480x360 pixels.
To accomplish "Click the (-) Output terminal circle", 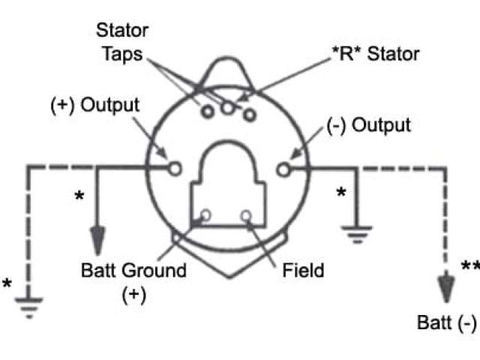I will click(x=283, y=169).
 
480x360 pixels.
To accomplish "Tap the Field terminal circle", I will click(x=245, y=216).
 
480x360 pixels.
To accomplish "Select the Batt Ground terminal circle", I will click(x=205, y=216).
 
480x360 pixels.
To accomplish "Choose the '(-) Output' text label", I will click(x=369, y=125).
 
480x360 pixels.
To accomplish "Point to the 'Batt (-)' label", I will click(x=447, y=323).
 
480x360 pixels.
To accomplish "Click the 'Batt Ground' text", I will click(x=132, y=270).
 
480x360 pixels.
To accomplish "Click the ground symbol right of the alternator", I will click(x=355, y=232).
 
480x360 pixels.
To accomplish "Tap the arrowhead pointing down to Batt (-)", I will click(x=448, y=287).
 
